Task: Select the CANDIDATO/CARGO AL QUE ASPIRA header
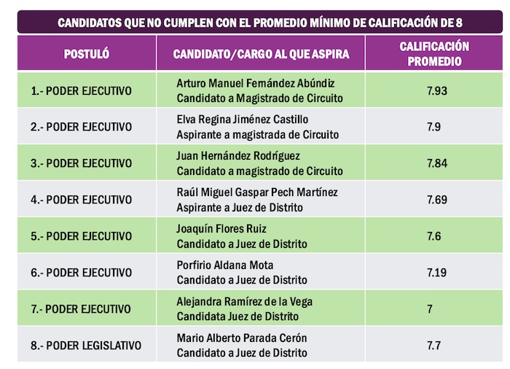[x=261, y=55]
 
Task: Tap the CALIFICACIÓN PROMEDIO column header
[x=434, y=54]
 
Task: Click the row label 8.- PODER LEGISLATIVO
[x=86, y=346]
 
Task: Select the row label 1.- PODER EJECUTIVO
[x=82, y=90]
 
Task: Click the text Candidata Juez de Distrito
[x=238, y=316]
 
